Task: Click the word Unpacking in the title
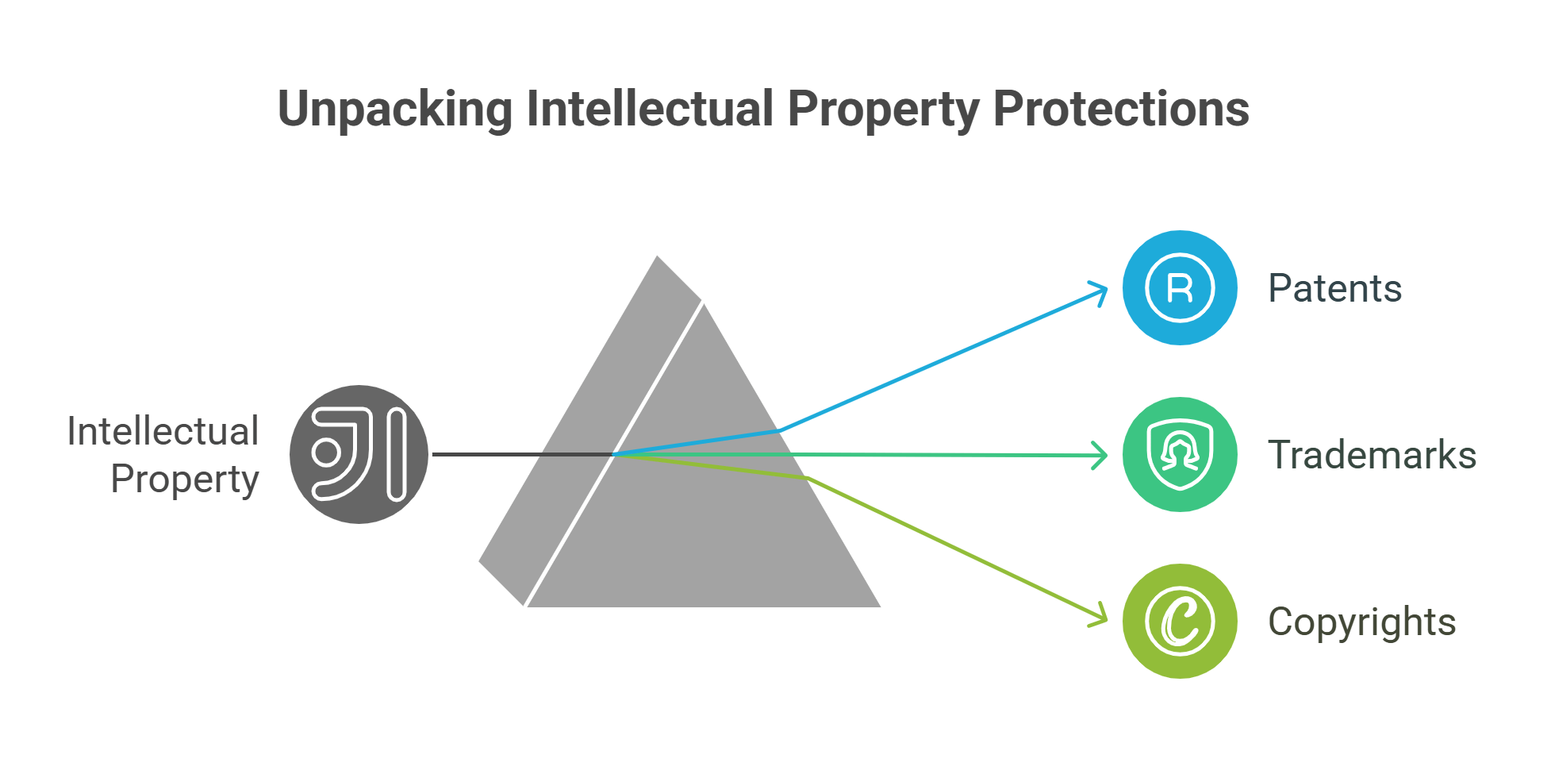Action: click(x=394, y=110)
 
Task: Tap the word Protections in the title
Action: click(x=1120, y=110)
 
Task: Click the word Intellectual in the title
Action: click(x=650, y=110)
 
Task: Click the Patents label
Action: click(x=1334, y=288)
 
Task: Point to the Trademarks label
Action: click(x=1372, y=455)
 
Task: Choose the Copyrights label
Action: click(x=1361, y=622)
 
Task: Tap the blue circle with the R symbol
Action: click(x=1180, y=287)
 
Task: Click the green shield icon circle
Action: click(x=1180, y=454)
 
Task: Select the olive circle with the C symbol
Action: click(x=1180, y=621)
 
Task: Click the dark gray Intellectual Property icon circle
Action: click(x=359, y=454)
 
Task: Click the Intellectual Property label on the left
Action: click(x=163, y=455)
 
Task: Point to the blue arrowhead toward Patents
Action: click(x=1103, y=291)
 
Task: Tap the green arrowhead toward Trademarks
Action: click(x=1104, y=456)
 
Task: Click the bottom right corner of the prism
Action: click(x=878, y=606)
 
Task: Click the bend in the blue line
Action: click(x=780, y=430)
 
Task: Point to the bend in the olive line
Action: click(x=808, y=478)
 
